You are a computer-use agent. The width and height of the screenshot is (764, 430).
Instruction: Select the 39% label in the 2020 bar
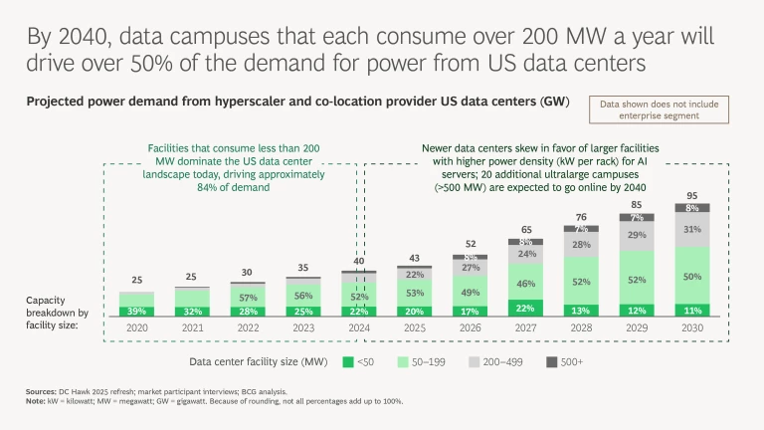point(137,311)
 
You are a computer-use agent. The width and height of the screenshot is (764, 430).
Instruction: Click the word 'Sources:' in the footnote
point(41,393)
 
